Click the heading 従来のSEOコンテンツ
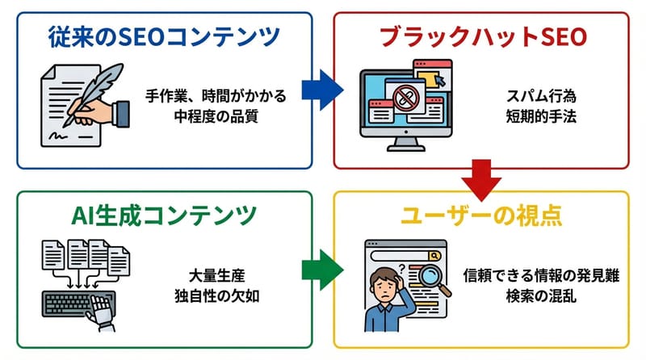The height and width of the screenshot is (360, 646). (158, 37)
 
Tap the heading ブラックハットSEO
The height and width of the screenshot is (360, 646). (482, 37)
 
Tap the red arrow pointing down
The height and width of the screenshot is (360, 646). (482, 180)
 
